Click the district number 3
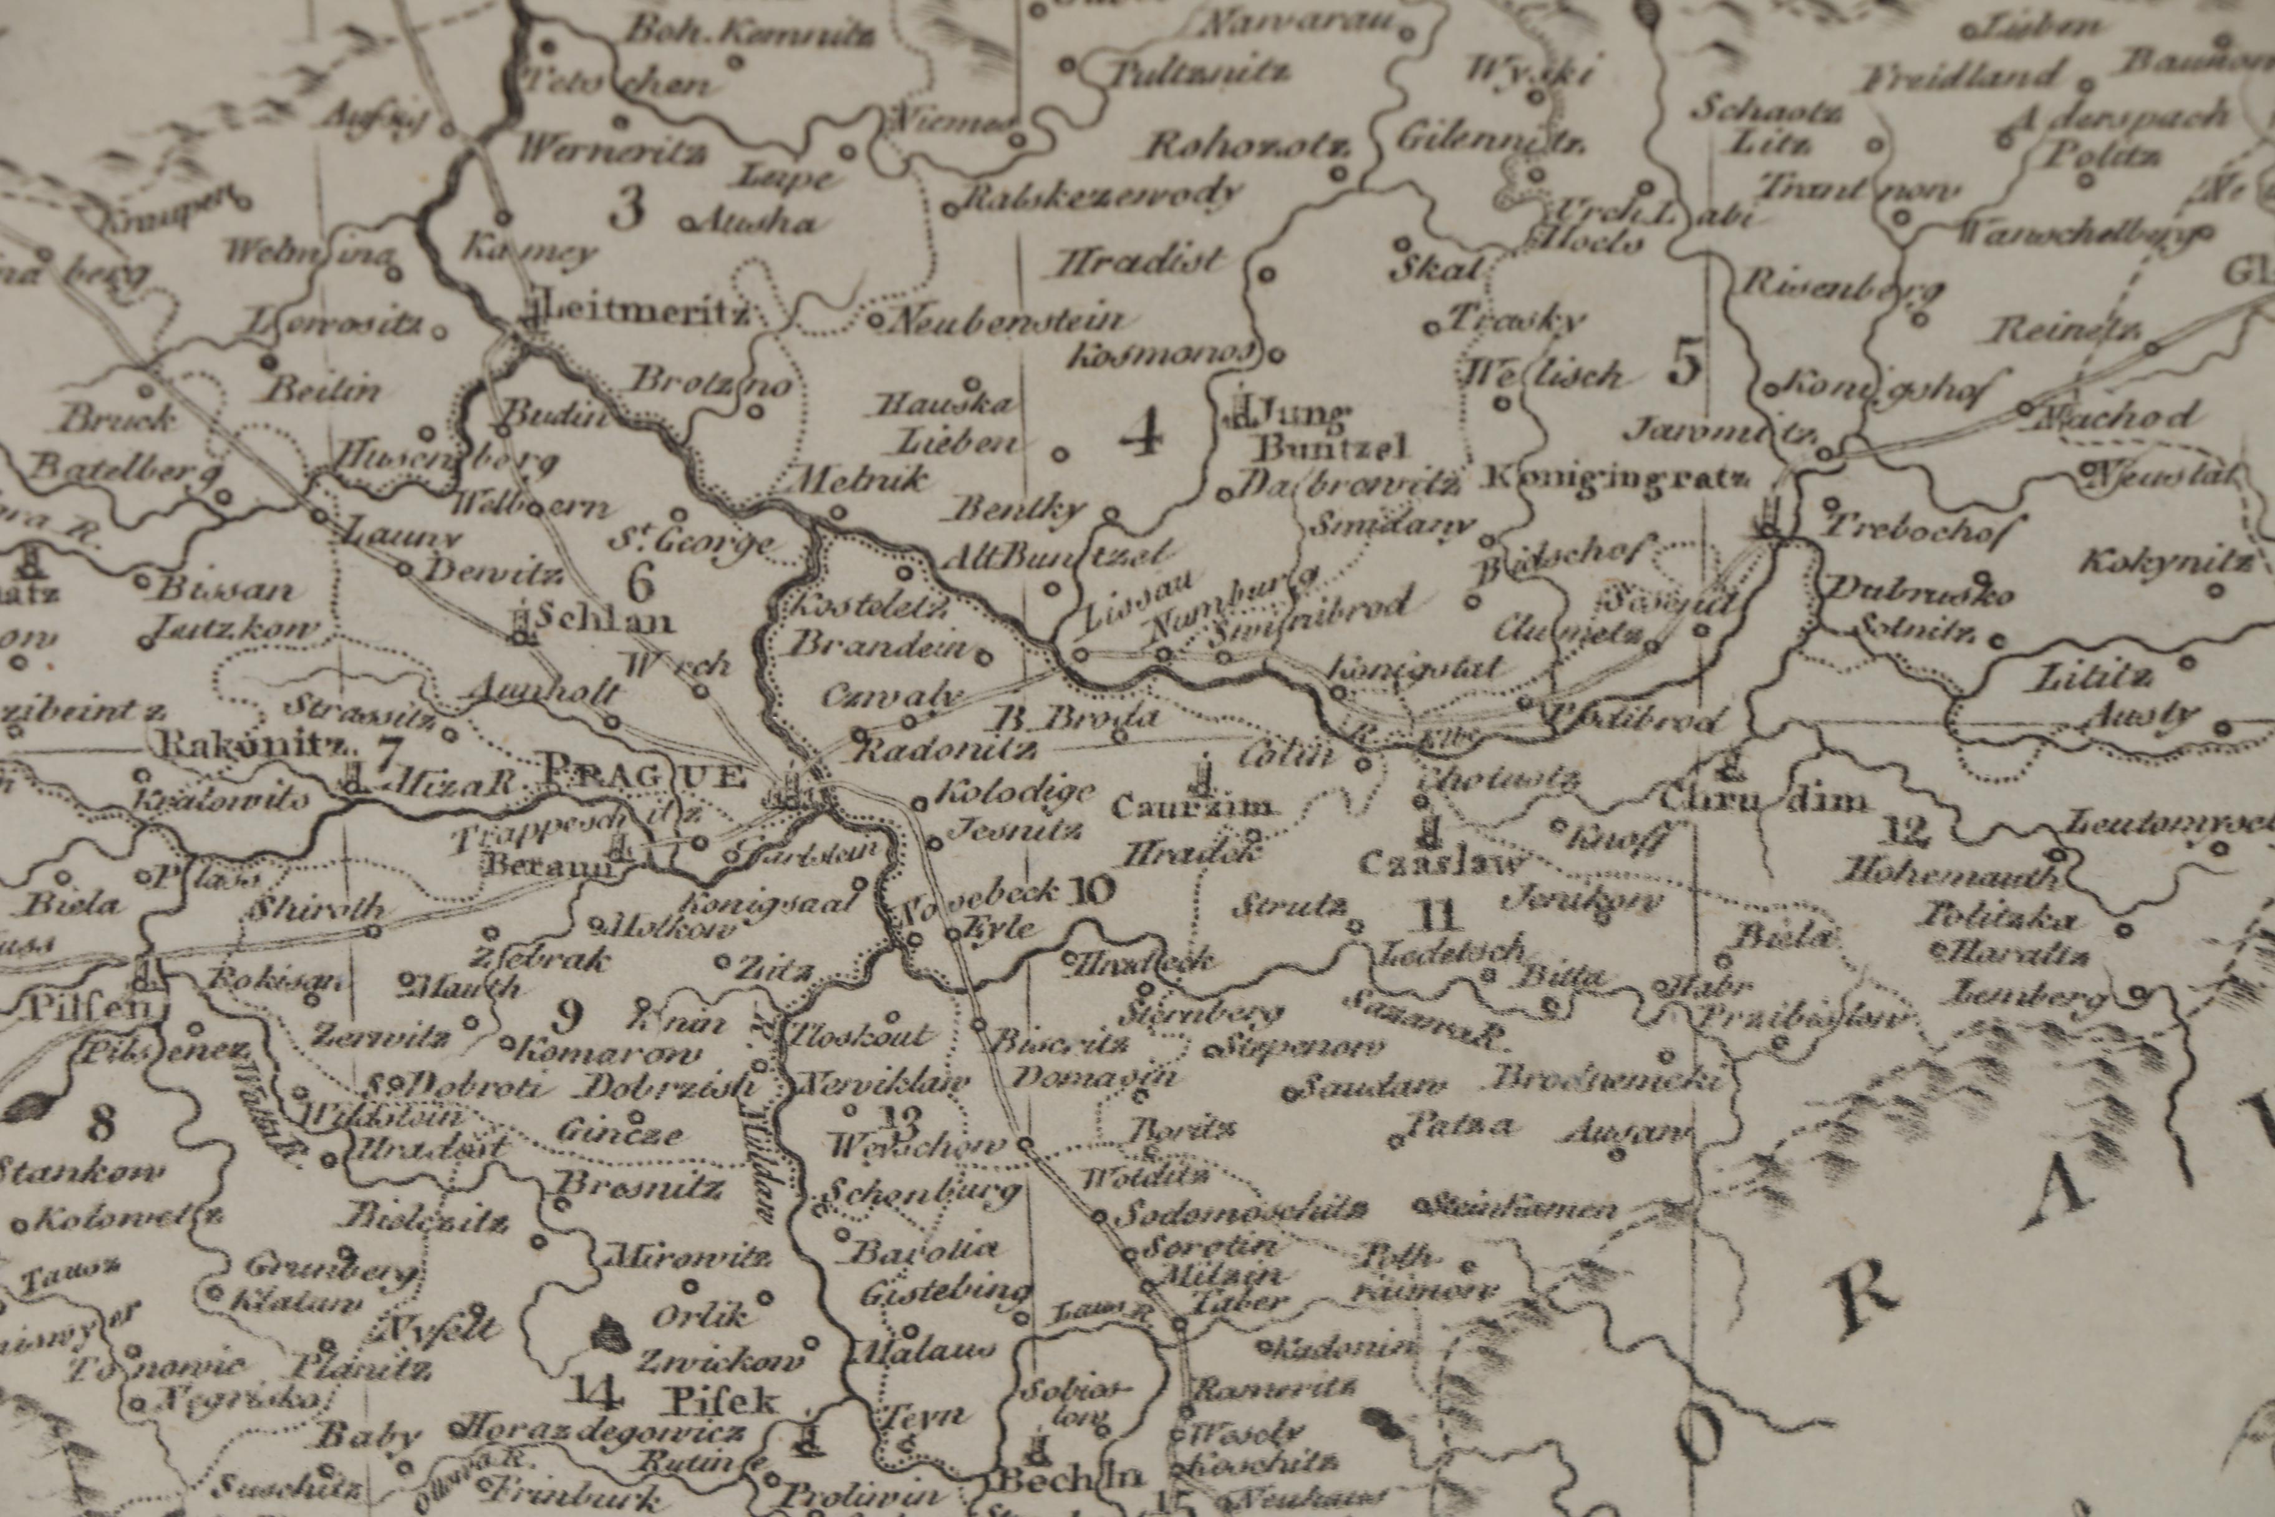tap(629, 208)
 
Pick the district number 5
tap(1685, 366)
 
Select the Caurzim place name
tap(1192, 807)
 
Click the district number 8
tap(100, 1124)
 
